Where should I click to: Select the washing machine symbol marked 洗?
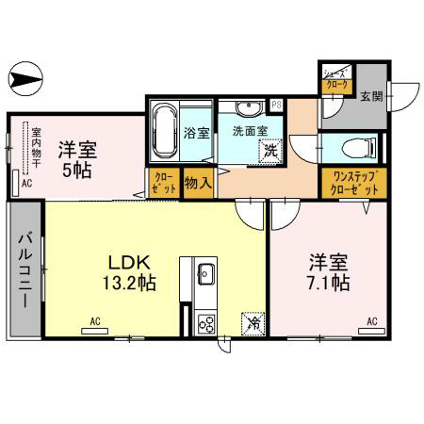[x=270, y=148]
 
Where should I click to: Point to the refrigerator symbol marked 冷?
[x=253, y=321]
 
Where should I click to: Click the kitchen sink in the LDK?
[x=206, y=275]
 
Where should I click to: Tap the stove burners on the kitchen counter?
[x=206, y=323]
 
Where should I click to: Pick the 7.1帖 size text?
[x=330, y=282]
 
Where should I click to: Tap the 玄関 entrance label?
[x=371, y=95]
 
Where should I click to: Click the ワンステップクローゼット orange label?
[x=352, y=183]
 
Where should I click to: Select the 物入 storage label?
[x=197, y=181]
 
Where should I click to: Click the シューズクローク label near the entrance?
[x=336, y=78]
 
